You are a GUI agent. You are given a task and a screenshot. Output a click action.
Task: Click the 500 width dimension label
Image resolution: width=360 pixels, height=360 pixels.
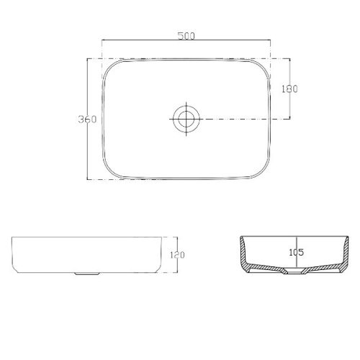[x=186, y=36]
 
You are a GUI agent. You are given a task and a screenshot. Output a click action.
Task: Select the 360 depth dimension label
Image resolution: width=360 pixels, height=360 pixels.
[x=87, y=120]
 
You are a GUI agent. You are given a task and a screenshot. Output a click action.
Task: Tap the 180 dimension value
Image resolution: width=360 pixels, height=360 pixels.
[x=289, y=89]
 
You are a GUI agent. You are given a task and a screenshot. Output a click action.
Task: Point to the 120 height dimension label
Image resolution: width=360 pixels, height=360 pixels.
[x=177, y=255]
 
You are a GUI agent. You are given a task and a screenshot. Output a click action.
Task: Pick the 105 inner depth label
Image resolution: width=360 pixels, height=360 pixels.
[x=297, y=252]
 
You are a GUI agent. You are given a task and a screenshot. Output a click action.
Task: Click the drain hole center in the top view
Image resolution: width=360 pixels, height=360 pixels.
[x=186, y=119]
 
